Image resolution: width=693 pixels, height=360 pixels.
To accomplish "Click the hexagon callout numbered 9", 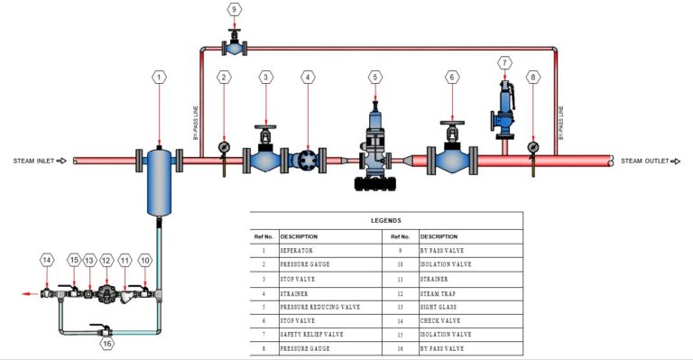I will point(235,10).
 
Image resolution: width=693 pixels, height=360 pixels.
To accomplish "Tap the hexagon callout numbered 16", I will point(106,344).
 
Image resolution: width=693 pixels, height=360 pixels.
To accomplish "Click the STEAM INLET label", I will point(34,162).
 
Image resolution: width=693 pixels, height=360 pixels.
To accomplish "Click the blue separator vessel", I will point(160,180).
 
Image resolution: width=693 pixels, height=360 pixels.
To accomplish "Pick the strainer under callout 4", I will point(308,162).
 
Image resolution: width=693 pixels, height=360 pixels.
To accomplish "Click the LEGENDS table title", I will point(386,220).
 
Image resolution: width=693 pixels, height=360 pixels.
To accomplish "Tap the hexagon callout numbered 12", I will point(106,260).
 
